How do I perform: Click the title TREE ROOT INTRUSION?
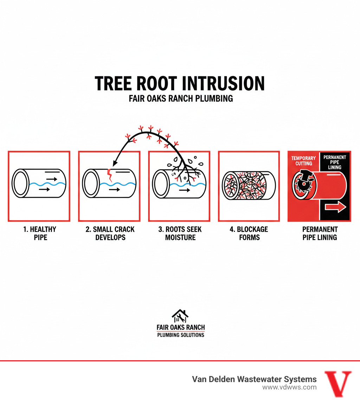[180, 84]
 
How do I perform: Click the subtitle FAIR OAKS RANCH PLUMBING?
[181, 99]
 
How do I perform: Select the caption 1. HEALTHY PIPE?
[39, 233]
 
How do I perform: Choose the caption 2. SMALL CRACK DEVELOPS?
[110, 233]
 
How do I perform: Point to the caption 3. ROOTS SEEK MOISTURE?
[180, 233]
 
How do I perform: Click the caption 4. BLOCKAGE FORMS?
[249, 233]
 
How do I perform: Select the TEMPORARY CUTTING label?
[303, 161]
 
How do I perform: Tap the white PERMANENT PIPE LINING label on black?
[334, 162]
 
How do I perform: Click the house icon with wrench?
[180, 316]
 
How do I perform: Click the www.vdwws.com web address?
[289, 387]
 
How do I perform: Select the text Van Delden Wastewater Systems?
[254, 379]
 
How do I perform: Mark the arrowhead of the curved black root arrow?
[115, 163]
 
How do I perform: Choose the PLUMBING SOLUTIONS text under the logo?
[180, 335]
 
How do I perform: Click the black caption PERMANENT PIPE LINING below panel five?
[319, 233]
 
